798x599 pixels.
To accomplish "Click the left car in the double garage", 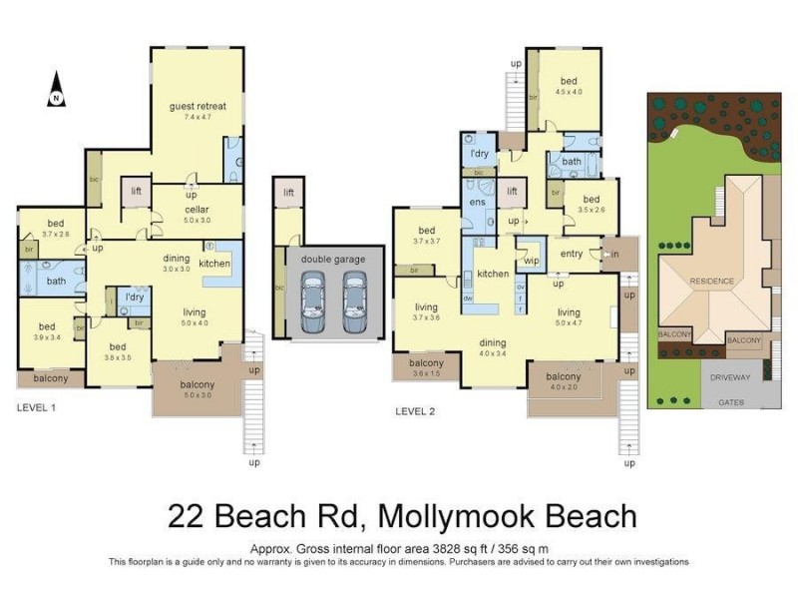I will [312, 304].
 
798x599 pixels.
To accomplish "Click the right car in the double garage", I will [355, 304].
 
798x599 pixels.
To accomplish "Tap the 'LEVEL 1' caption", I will [37, 408].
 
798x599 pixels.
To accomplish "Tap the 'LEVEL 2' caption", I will [416, 409].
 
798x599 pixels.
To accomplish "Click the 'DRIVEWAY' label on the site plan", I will [731, 379].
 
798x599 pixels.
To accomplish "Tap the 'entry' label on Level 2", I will [572, 255].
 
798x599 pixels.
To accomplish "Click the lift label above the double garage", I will [288, 192].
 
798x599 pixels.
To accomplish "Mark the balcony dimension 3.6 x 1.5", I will [426, 373].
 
